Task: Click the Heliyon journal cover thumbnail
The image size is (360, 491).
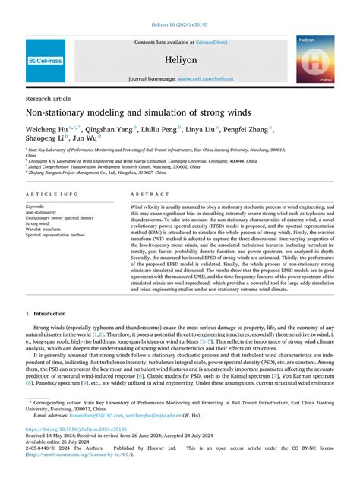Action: [316, 59]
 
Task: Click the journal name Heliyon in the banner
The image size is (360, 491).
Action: [180, 58]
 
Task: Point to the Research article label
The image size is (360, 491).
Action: [49, 99]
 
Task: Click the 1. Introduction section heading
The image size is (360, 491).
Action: [49, 314]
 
